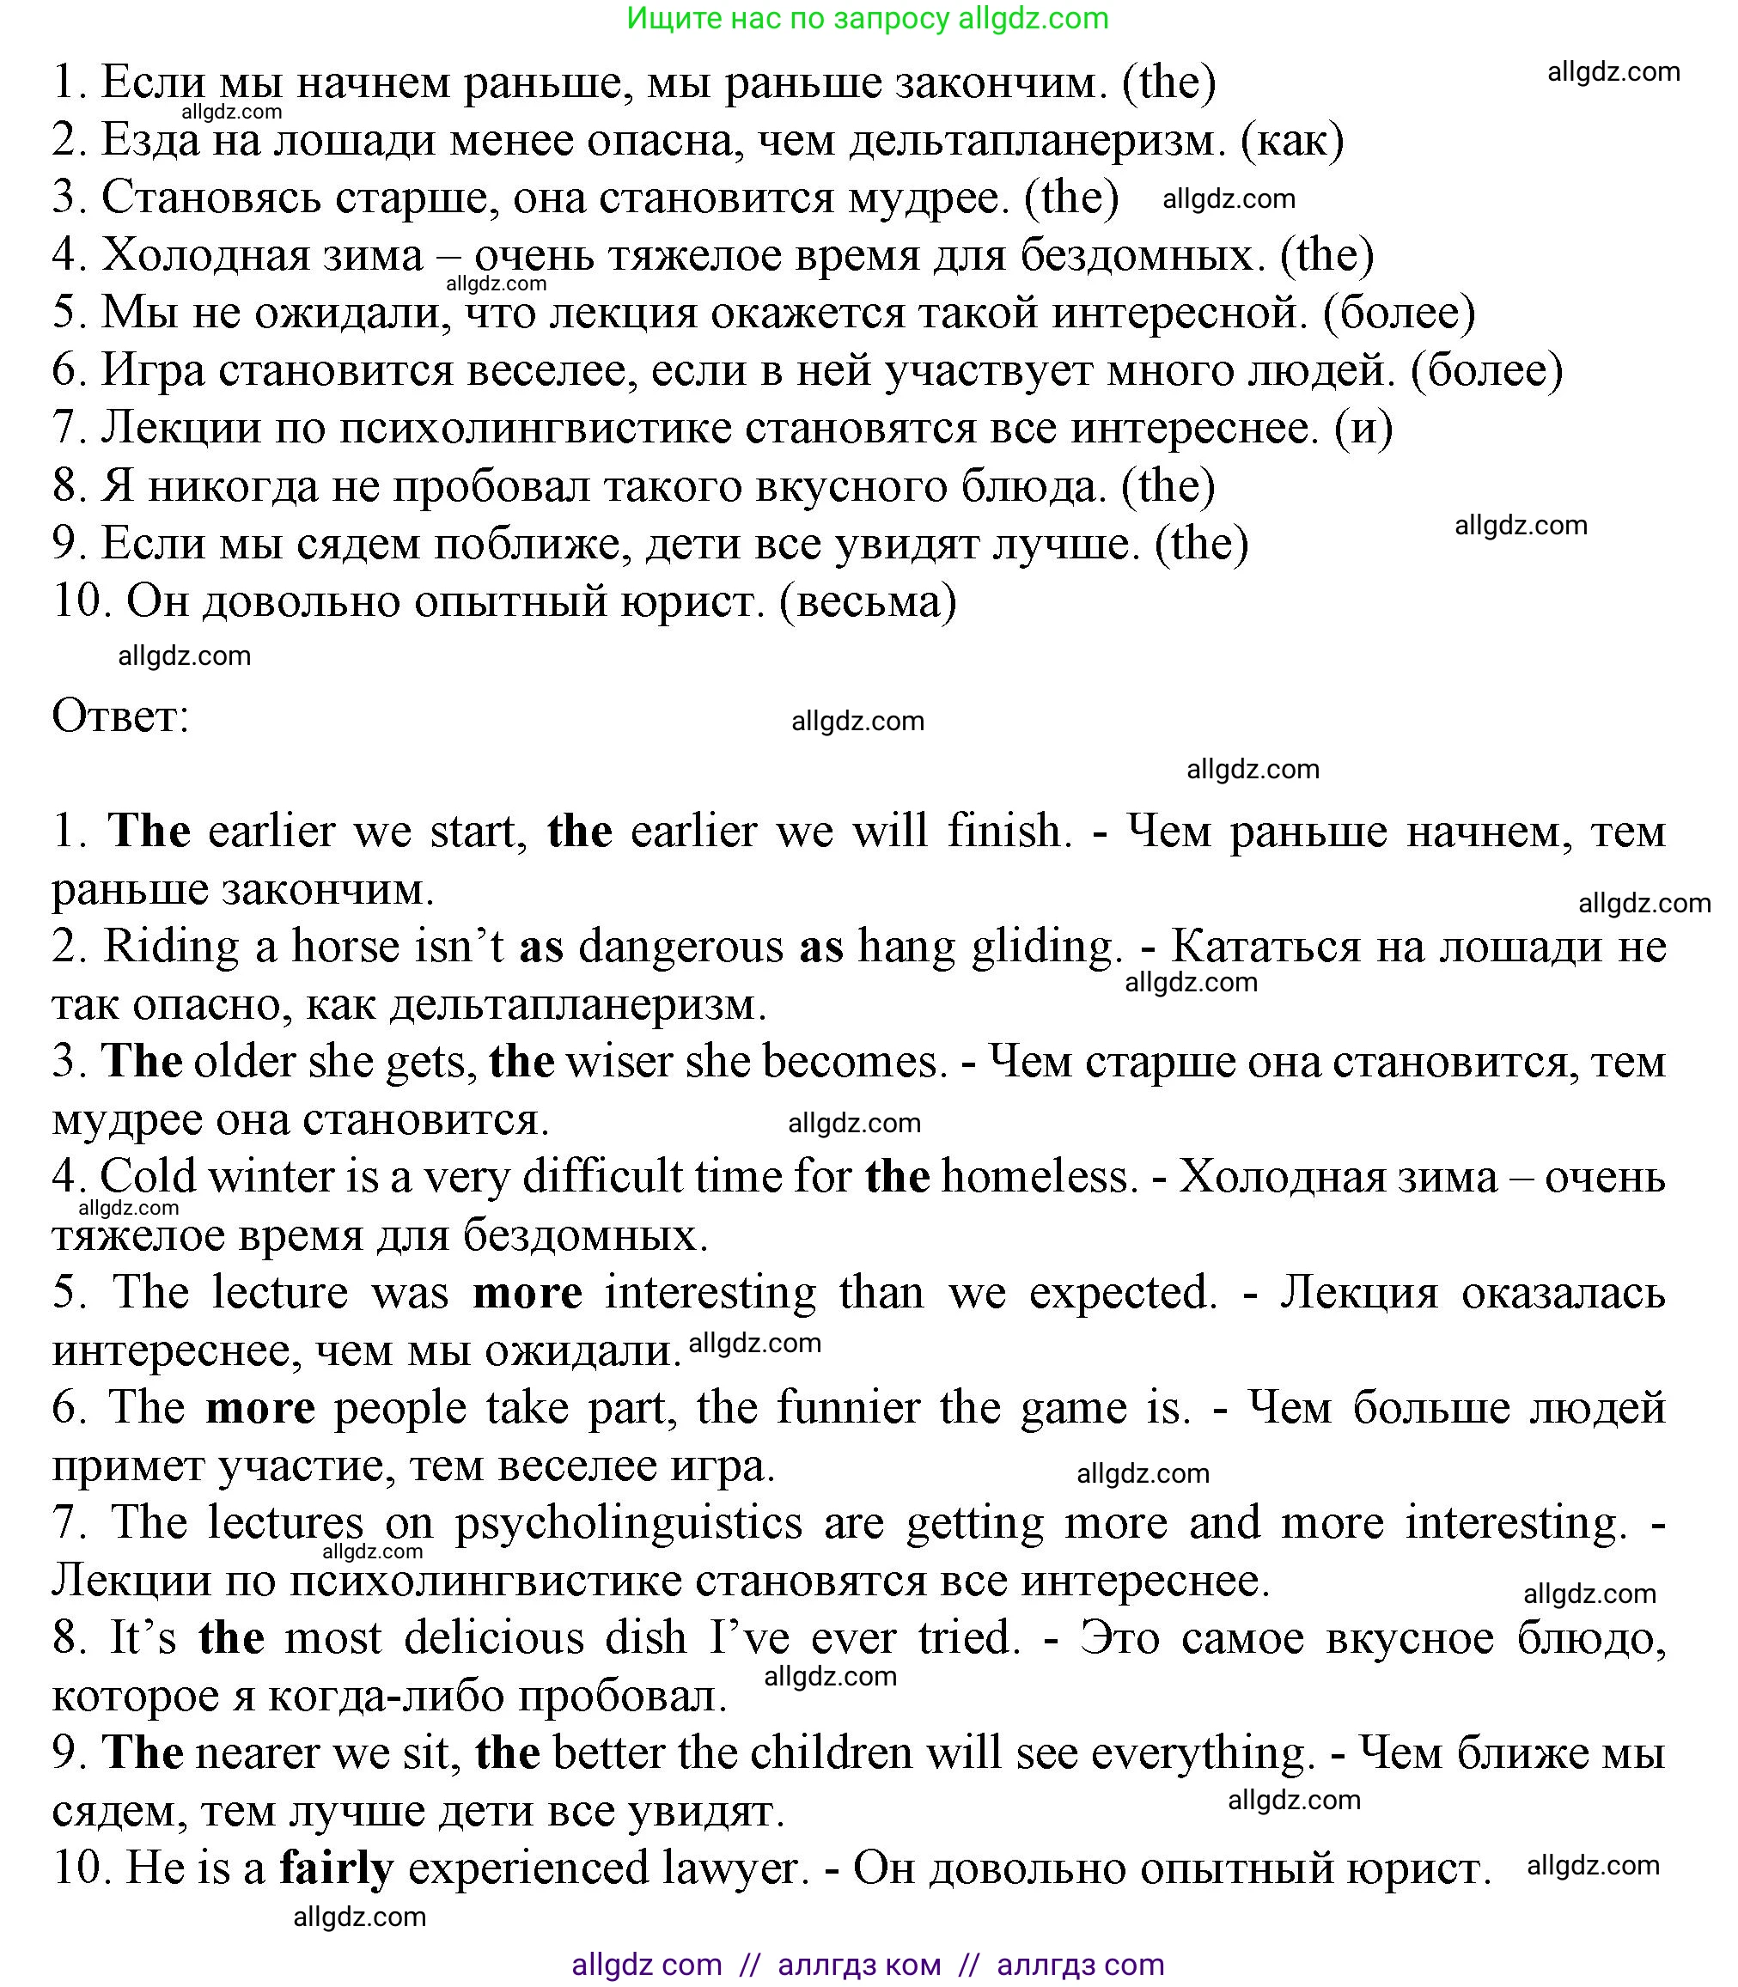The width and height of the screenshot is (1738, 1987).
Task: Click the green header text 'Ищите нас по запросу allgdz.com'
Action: (867, 18)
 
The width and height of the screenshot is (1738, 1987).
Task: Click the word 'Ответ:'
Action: (120, 716)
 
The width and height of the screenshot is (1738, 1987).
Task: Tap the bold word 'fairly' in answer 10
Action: (337, 1868)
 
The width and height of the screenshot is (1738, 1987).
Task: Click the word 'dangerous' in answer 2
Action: (680, 946)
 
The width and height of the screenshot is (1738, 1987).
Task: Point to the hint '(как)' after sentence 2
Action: (1293, 141)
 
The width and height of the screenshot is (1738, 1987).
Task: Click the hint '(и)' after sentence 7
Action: (1363, 428)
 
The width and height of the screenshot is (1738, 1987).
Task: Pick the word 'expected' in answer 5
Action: (1122, 1292)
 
